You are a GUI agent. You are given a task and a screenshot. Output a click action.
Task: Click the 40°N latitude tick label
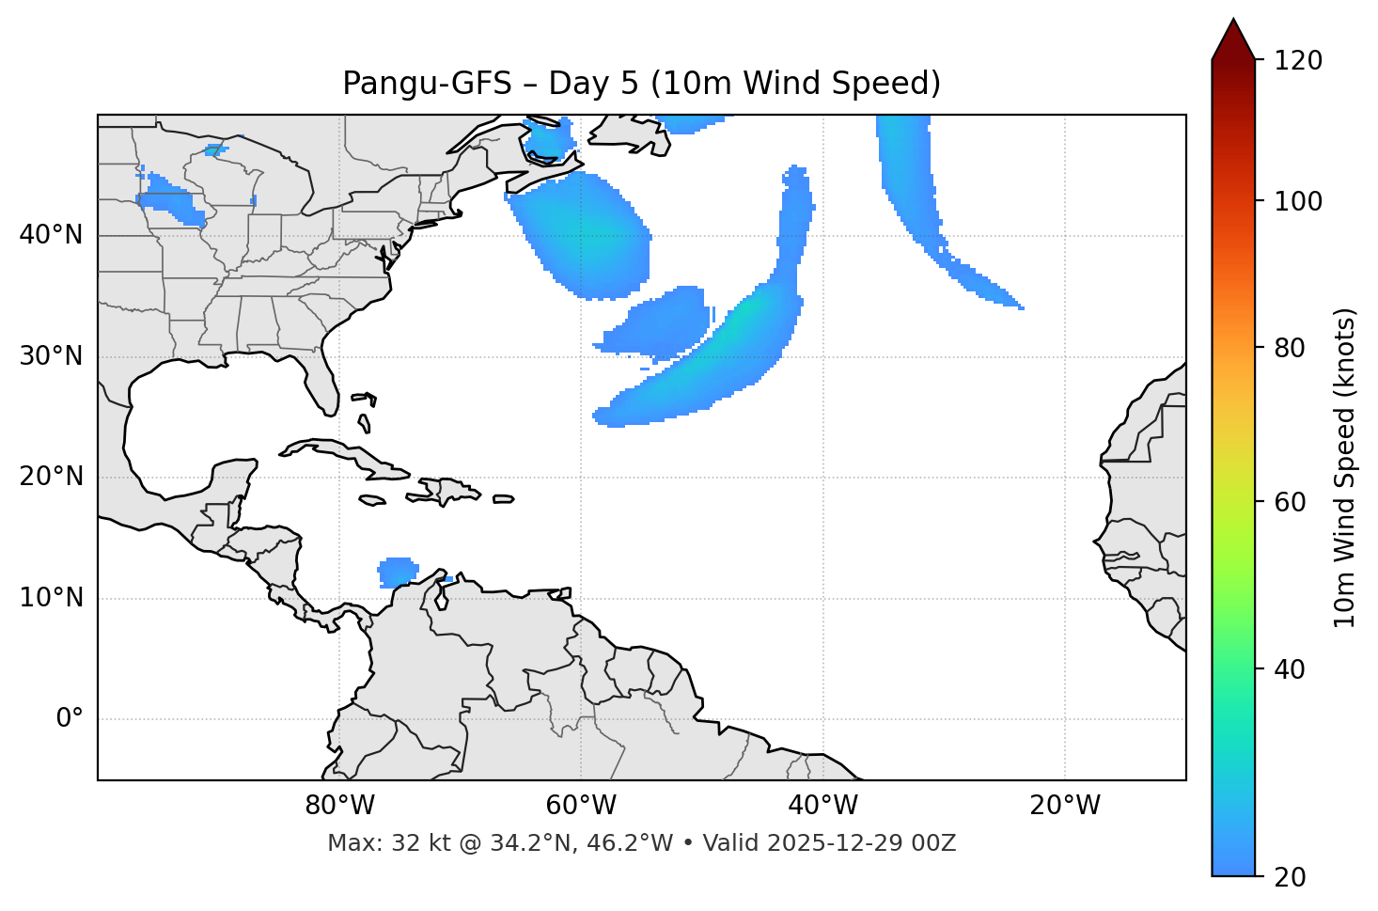coord(51,235)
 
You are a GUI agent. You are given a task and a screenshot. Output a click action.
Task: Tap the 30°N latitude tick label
coord(51,356)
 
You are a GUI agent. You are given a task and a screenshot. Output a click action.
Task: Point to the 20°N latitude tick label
coord(51,477)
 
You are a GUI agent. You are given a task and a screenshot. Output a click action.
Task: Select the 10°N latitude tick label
coord(51,598)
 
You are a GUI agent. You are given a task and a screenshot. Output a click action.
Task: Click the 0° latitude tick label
coord(69,719)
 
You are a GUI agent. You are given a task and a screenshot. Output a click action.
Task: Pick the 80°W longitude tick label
coord(339,806)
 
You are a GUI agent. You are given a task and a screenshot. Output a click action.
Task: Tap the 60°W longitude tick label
coord(581,806)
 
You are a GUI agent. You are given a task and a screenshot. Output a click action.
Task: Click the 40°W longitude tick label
coord(822,806)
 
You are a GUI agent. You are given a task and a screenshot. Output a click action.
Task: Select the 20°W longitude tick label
coord(1064,806)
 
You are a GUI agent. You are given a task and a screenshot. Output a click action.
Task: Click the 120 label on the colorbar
coord(1298,61)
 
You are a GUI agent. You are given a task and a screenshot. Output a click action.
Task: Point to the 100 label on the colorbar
coord(1298,201)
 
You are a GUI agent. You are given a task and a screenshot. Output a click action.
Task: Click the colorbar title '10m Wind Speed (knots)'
coord(1345,467)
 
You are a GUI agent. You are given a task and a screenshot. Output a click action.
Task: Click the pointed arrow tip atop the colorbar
coord(1233,23)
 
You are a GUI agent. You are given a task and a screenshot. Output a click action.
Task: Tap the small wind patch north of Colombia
coord(399,572)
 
